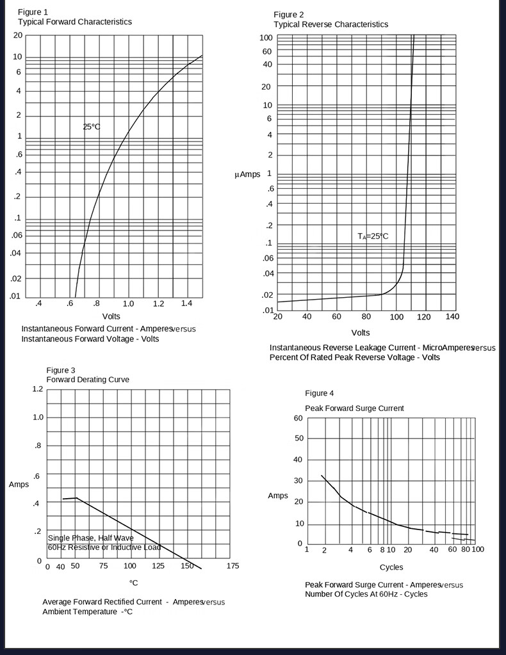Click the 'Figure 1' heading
(x=33, y=12)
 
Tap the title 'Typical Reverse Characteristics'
(x=331, y=24)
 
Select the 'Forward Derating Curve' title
(x=88, y=380)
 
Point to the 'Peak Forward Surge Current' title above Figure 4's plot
(x=354, y=408)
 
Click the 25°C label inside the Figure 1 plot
(x=92, y=127)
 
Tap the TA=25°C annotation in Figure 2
(x=373, y=236)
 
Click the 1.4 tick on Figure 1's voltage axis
(x=187, y=303)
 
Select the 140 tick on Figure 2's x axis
(x=452, y=317)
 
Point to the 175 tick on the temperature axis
(x=233, y=566)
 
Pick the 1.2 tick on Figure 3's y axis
(x=37, y=389)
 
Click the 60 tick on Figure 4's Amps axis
(x=298, y=418)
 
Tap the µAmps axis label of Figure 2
(x=247, y=174)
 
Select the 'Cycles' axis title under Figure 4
(x=391, y=567)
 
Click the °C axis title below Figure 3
(x=133, y=583)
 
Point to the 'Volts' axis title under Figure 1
(x=111, y=316)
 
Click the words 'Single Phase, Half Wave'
(x=91, y=538)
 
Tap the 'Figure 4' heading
(x=320, y=393)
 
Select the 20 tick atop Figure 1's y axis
(x=18, y=35)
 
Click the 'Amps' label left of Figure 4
(x=278, y=496)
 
